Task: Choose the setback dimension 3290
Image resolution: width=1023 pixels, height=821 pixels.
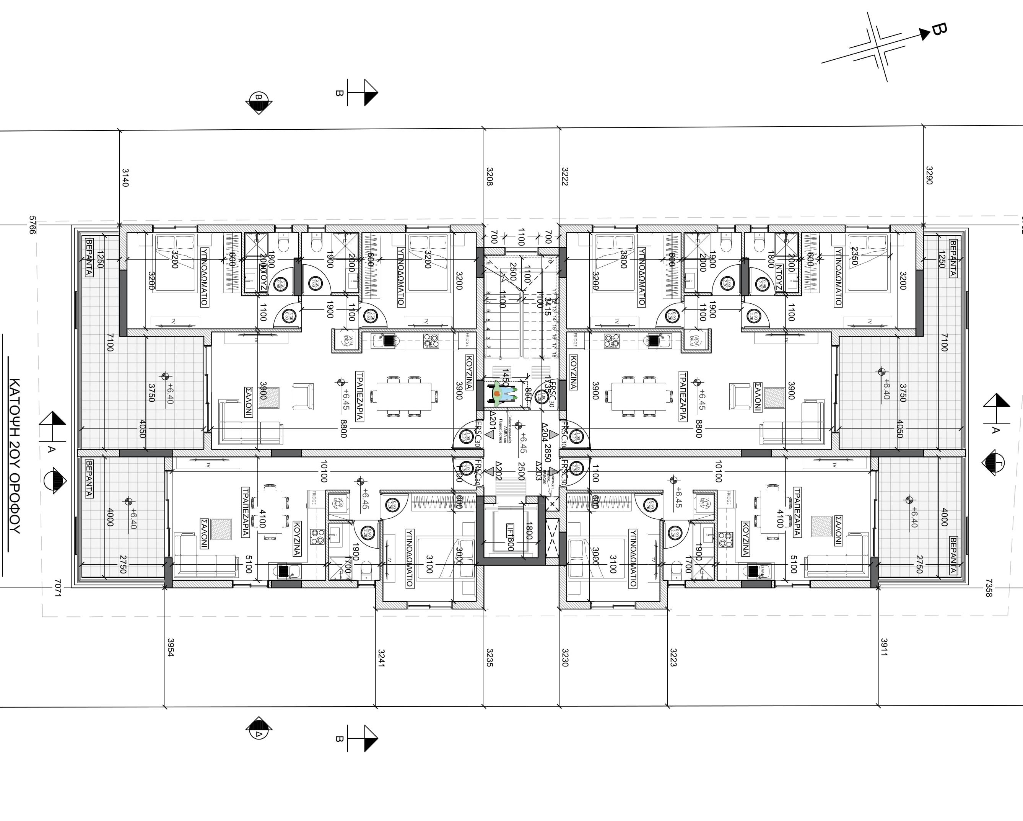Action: click(929, 176)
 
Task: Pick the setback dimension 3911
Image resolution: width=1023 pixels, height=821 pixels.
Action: click(884, 647)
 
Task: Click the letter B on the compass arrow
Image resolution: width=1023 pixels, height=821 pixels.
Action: click(938, 29)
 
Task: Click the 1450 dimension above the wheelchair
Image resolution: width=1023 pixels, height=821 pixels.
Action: click(506, 378)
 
